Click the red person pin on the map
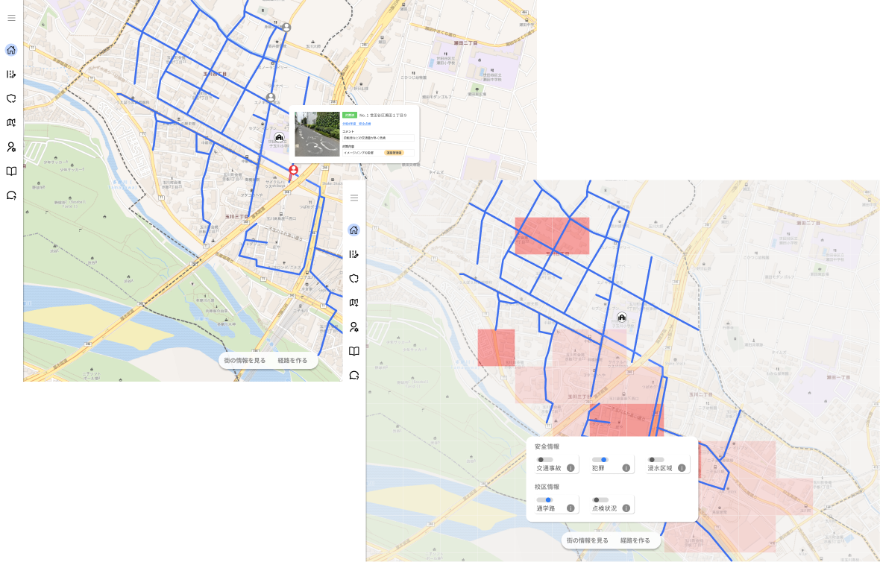pos(294,171)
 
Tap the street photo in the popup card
pos(318,134)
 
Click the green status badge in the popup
pos(349,116)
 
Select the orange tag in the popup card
pos(394,152)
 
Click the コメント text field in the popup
pos(378,138)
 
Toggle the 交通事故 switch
pos(544,460)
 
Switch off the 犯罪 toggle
pos(600,460)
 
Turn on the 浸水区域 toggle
pos(656,460)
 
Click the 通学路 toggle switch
pos(544,500)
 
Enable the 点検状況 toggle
pos(600,500)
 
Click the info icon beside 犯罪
pos(626,468)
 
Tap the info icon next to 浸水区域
pos(682,468)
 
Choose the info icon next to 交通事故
pos(571,468)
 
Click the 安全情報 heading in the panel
pos(547,446)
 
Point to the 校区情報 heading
pos(547,487)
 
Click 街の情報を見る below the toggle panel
pos(588,540)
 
